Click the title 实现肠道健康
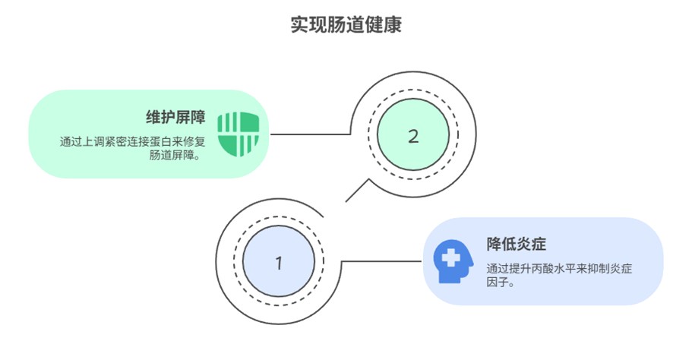tap(346, 24)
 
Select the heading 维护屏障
tap(175, 118)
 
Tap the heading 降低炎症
tap(517, 245)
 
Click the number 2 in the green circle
tap(413, 137)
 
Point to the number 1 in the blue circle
tap(278, 264)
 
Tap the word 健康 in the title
tap(387, 24)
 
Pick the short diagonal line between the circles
tap(357, 190)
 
